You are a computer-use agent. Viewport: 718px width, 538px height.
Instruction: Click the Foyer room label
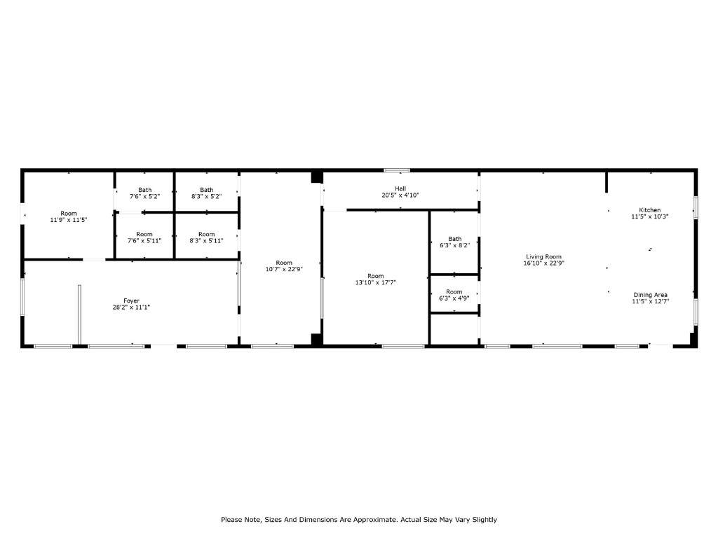131,301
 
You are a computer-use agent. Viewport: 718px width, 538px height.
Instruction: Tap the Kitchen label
650,210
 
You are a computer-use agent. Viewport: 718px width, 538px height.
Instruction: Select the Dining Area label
650,295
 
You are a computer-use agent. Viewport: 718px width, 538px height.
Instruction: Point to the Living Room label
543,256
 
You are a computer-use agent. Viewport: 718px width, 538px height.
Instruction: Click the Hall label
400,188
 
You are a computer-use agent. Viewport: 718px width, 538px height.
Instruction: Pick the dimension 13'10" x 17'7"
376,283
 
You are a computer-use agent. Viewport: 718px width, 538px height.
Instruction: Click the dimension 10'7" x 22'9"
284,270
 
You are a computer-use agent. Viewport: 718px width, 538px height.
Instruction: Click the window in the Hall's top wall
397,171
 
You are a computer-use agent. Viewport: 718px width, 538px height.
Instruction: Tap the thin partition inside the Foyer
79,315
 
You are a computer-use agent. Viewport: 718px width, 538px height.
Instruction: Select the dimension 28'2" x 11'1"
131,308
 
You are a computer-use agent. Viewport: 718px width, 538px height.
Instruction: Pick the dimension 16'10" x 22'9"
543,263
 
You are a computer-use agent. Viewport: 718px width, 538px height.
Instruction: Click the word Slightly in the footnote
485,520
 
